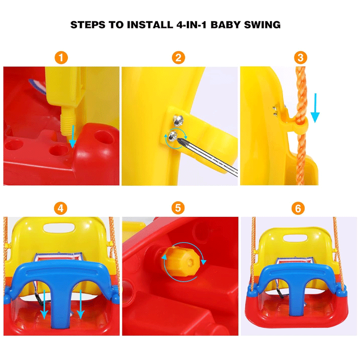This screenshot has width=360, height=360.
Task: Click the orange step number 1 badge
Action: click(61, 58)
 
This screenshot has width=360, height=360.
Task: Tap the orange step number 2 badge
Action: click(178, 58)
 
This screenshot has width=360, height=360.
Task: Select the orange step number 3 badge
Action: click(301, 58)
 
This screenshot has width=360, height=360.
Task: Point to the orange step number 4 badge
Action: click(61, 208)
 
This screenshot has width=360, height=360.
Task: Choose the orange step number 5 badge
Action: click(178, 208)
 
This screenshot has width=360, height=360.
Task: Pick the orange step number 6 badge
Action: click(298, 208)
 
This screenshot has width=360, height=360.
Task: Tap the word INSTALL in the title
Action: click(150, 25)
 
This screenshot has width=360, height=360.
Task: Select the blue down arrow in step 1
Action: click(72, 136)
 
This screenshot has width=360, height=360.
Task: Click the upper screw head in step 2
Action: click(178, 121)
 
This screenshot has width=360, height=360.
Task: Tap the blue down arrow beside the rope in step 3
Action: click(315, 108)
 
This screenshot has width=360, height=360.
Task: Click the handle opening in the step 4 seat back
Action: click(59, 228)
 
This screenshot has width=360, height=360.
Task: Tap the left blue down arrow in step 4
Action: click(44, 304)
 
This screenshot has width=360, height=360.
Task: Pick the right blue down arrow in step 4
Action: click(81, 304)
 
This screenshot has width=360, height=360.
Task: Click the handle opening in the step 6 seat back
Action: click(295, 238)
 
